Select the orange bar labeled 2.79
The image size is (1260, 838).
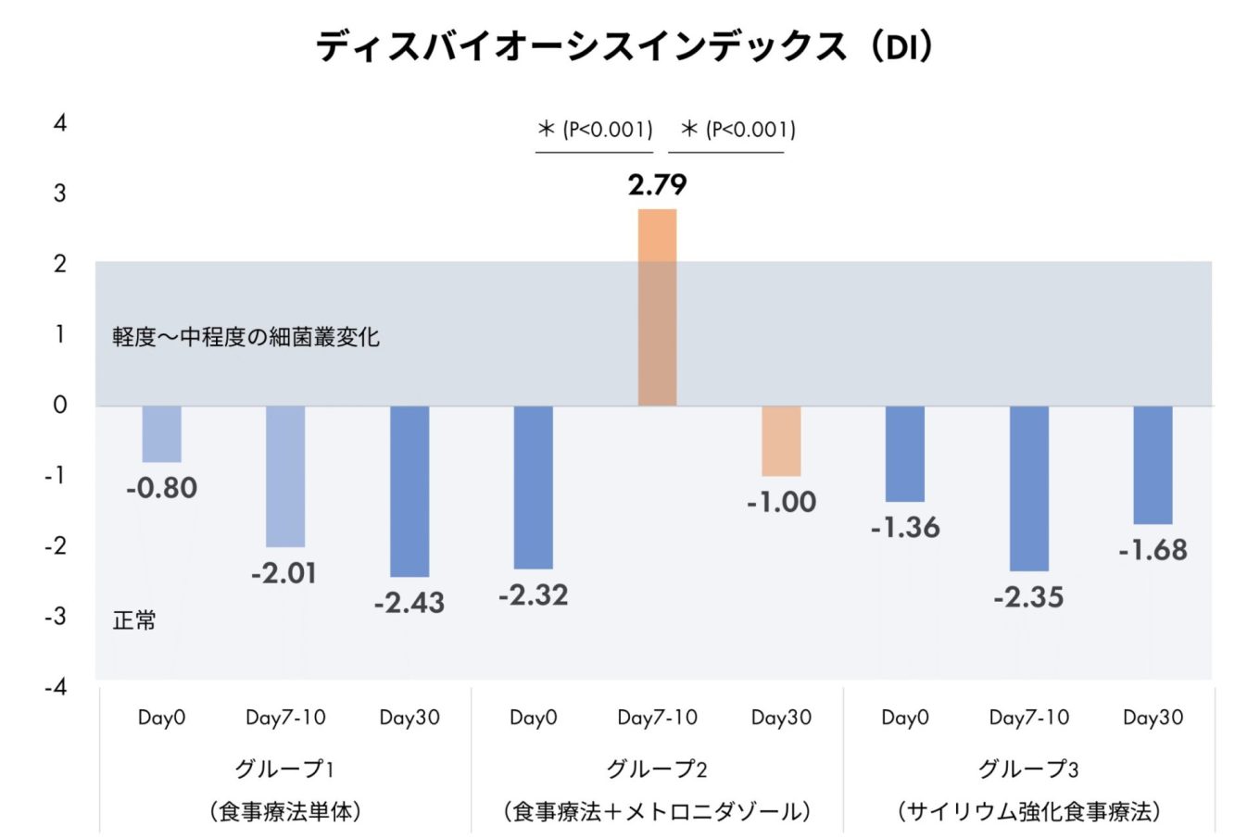(x=657, y=306)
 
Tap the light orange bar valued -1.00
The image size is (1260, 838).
(x=781, y=441)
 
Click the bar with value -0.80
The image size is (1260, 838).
(x=162, y=433)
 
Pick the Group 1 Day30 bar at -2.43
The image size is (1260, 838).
(x=409, y=491)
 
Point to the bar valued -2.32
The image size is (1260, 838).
(x=534, y=487)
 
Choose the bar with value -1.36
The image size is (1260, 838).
(x=905, y=454)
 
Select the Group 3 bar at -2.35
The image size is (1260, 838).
(x=1029, y=488)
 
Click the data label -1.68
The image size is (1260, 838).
(x=1153, y=550)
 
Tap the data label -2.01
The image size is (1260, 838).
(x=284, y=573)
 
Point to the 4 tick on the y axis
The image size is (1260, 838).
(x=60, y=123)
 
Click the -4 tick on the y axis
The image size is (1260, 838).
(x=57, y=686)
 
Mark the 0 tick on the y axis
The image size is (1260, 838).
(x=60, y=405)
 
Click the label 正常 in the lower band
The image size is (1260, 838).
(x=134, y=620)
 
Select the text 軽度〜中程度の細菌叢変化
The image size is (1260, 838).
(x=246, y=336)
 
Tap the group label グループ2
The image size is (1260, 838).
(x=657, y=769)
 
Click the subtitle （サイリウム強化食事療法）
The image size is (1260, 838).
(x=1028, y=812)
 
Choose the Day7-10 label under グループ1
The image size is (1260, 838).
(x=285, y=718)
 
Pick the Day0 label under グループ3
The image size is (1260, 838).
(x=905, y=718)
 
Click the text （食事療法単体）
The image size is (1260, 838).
(x=285, y=812)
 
